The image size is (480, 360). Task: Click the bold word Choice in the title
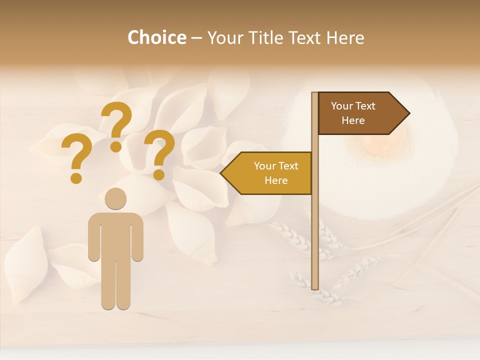coord(156,38)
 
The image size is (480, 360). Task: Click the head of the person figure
coord(115,199)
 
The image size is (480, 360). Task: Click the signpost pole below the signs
coord(315,240)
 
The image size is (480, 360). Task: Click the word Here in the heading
coord(345,38)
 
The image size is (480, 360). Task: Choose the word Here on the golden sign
coord(276,180)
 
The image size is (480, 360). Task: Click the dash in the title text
coord(196,38)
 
